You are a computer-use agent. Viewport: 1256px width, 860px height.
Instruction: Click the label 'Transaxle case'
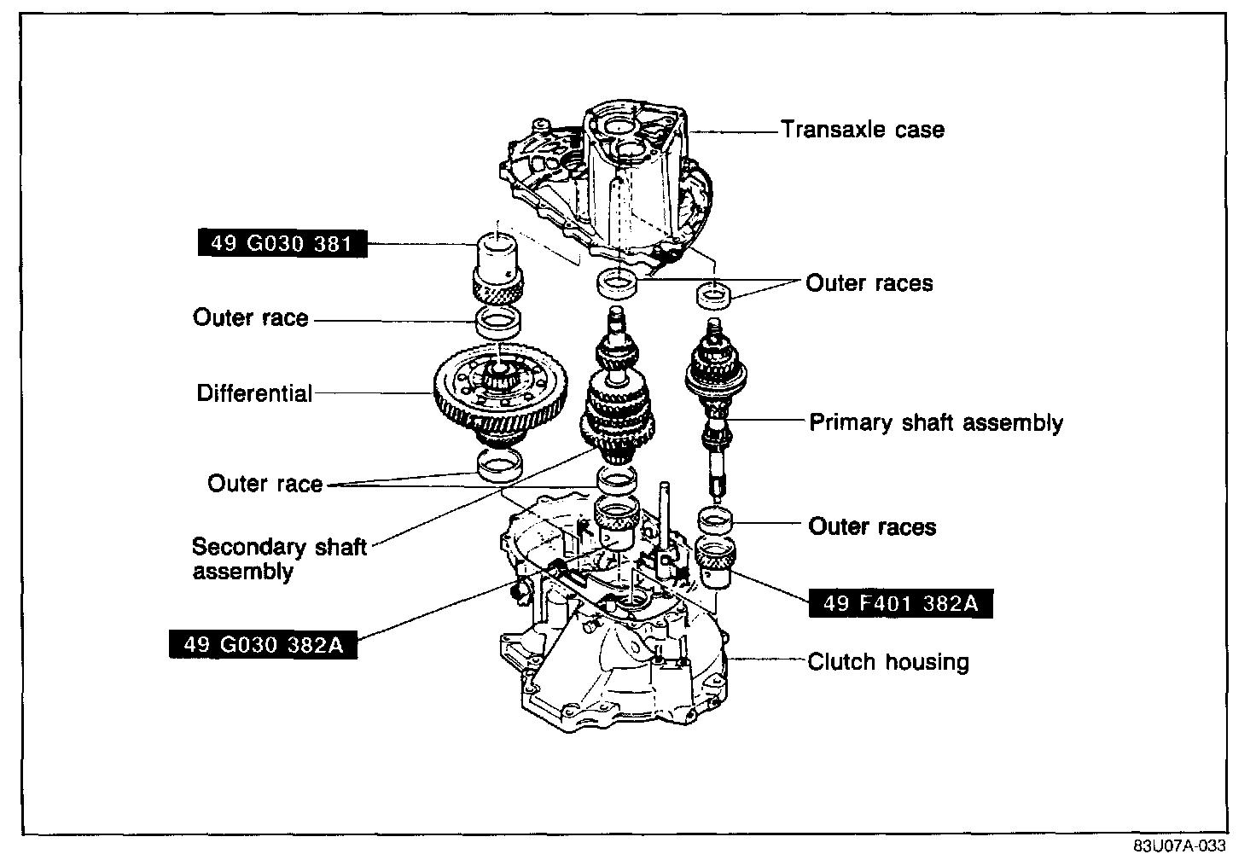pyautogui.click(x=863, y=130)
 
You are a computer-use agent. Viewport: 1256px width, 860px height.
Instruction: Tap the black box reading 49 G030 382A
pyautogui.click(x=263, y=644)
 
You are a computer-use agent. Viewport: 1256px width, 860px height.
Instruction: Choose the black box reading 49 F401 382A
pyautogui.click(x=900, y=603)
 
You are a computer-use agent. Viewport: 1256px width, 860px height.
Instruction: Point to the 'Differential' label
pyautogui.click(x=254, y=393)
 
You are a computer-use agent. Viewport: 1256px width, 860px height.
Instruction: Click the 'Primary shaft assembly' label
pyautogui.click(x=936, y=422)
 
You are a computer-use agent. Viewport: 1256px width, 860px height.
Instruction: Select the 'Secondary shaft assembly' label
pyautogui.click(x=279, y=558)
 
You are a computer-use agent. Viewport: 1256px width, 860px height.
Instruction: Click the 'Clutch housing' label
pyautogui.click(x=888, y=662)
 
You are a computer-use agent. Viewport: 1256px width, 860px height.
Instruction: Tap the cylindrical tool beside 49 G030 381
pyautogui.click(x=497, y=269)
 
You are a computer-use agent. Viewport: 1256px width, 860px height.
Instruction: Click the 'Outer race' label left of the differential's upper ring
pyautogui.click(x=250, y=317)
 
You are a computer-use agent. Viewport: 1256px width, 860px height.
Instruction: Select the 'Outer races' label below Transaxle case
pyautogui.click(x=869, y=282)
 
